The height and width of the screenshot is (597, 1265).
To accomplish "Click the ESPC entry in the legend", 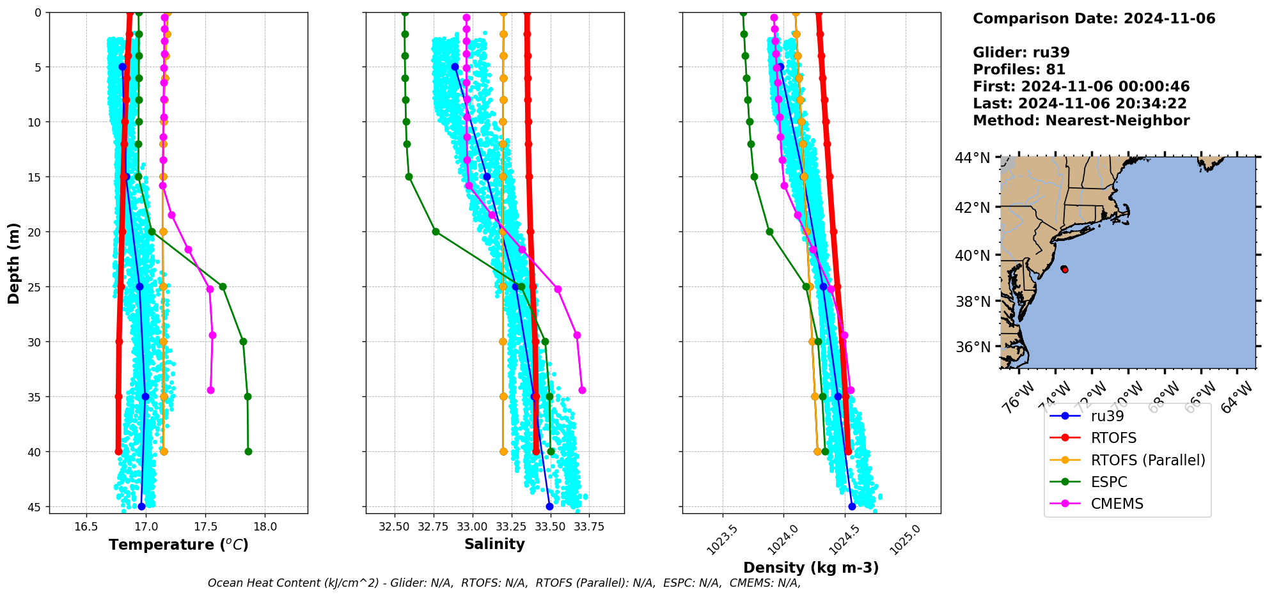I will click(1108, 482).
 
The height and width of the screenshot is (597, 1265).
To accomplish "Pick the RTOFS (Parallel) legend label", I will click(1147, 460).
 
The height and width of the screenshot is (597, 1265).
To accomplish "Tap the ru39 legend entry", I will click(1107, 416).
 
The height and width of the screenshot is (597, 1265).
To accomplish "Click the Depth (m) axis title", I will click(14, 263).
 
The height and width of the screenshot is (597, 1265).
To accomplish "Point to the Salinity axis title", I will click(494, 544).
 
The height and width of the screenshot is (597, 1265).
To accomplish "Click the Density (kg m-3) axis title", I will click(810, 568).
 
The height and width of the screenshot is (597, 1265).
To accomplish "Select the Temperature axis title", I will click(178, 545).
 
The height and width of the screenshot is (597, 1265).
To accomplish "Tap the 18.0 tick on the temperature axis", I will click(265, 527).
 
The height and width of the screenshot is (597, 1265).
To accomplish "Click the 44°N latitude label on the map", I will click(972, 158).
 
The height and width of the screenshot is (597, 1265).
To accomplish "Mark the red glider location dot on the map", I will click(1064, 269).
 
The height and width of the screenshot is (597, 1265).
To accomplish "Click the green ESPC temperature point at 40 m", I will click(248, 452).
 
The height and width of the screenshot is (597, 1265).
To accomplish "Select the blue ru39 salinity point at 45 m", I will click(549, 506).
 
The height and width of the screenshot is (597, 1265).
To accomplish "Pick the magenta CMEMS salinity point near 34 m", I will click(582, 390).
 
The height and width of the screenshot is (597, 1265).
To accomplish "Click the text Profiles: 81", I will click(1019, 70).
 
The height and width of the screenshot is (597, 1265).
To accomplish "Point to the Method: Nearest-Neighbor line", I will click(1081, 121).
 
